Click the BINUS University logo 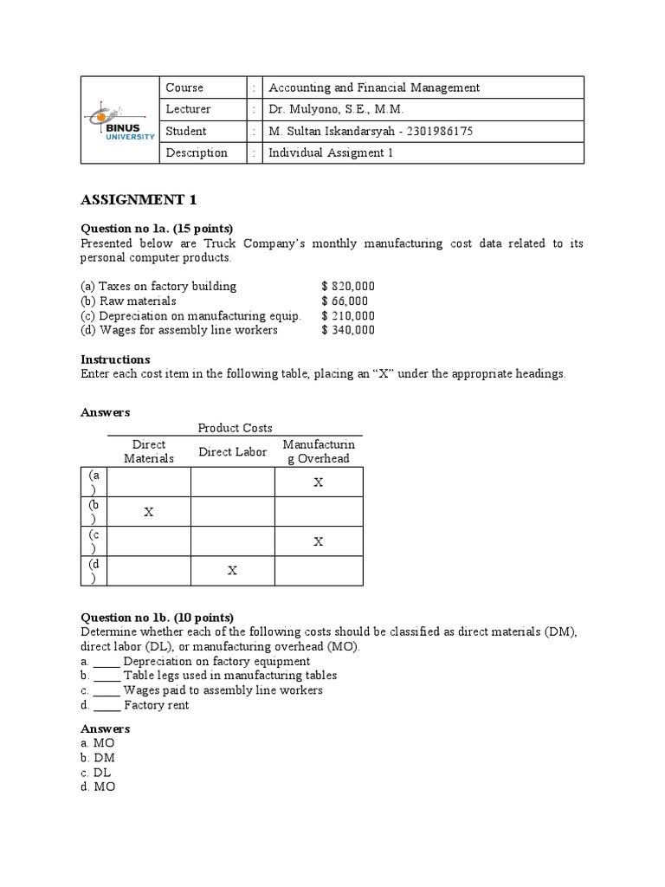(121, 120)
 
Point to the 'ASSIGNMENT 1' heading (139, 200)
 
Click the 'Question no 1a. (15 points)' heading (157, 229)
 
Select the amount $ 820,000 (347, 286)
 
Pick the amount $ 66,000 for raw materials (344, 301)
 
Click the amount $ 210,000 (347, 315)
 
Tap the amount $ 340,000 (347, 330)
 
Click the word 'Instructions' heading (115, 359)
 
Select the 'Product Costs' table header (235, 428)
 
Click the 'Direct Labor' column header (233, 451)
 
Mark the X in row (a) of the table (318, 482)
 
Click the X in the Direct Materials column (149, 512)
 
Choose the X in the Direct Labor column (232, 571)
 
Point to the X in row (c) (318, 541)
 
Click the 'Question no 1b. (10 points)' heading (157, 618)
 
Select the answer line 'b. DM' (98, 758)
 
